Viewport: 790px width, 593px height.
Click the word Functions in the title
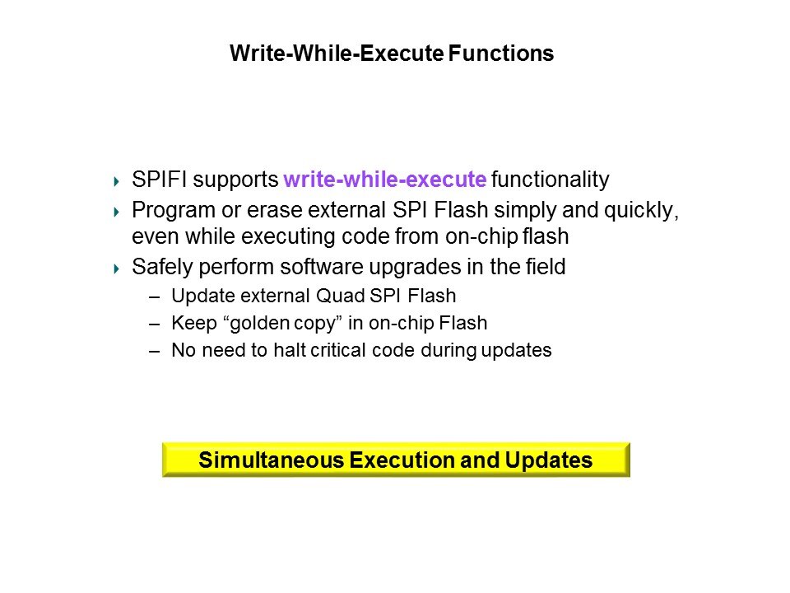click(501, 53)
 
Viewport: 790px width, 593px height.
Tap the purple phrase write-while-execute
click(385, 179)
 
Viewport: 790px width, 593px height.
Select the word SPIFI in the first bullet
click(159, 179)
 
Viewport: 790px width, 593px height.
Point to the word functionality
click(551, 180)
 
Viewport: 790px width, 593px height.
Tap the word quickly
click(641, 211)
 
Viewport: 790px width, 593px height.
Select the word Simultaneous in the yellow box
click(271, 460)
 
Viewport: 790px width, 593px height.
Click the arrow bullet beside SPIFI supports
click(117, 181)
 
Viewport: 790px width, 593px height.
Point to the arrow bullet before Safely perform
click(117, 268)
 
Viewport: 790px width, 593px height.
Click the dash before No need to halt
click(154, 352)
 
